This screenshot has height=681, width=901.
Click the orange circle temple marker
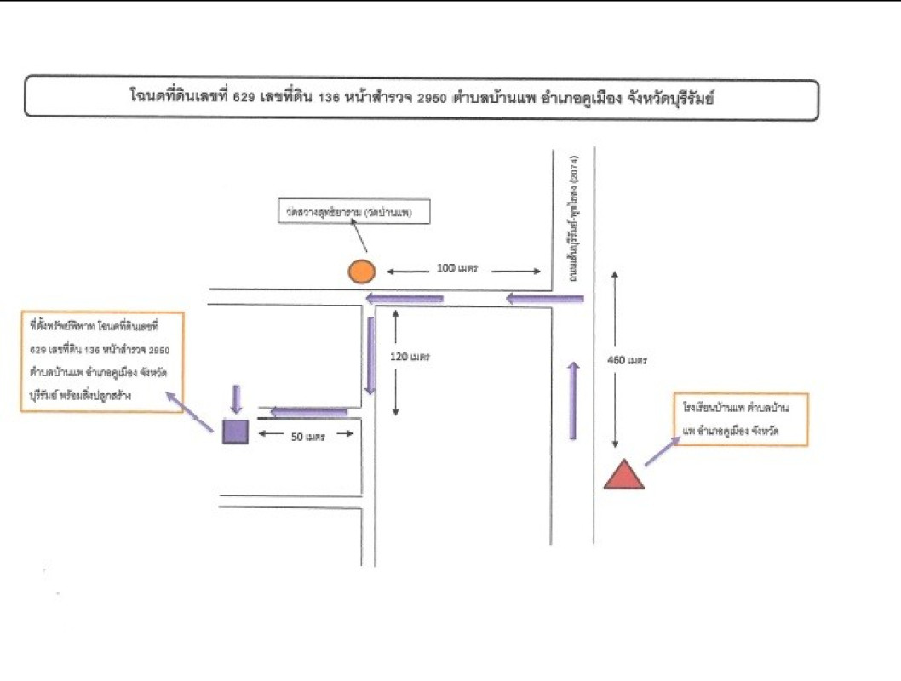click(361, 271)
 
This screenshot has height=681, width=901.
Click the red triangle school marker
click(623, 476)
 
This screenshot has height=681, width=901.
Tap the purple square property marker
click(235, 432)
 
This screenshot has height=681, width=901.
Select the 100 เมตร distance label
click(456, 269)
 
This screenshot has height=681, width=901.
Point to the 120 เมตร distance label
click(410, 357)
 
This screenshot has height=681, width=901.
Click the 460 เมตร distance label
click(628, 360)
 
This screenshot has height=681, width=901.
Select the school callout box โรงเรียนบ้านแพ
click(739, 420)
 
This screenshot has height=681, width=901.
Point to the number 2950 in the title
click(433, 99)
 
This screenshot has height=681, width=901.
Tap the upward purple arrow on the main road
click(573, 400)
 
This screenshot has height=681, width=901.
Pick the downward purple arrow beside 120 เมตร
click(370, 355)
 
